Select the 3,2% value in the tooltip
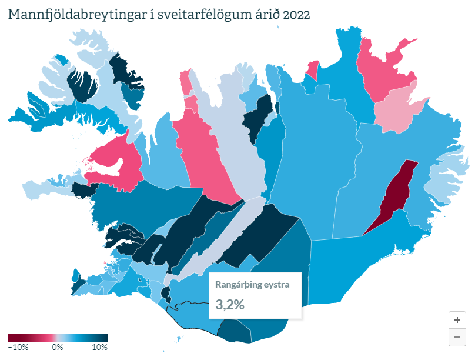point(230,305)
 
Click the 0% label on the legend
point(58,347)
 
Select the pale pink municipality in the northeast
point(395,109)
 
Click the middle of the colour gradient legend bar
point(58,338)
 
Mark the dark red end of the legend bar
point(10,338)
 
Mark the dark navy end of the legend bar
point(105,338)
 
